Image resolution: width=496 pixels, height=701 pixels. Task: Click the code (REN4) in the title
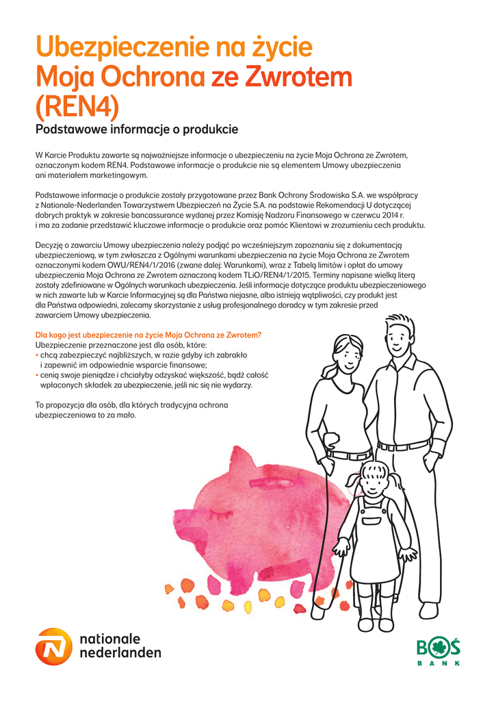coord(77,107)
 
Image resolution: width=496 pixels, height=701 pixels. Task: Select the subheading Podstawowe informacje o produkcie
coord(136,129)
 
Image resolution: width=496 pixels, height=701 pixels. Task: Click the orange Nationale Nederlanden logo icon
coord(53,646)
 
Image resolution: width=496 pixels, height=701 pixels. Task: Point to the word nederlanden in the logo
coord(121,652)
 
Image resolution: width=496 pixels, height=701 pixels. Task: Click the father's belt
coord(404,446)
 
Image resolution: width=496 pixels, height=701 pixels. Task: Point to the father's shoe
coord(429,609)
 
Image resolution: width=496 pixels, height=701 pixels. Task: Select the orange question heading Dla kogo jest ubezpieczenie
coord(148,335)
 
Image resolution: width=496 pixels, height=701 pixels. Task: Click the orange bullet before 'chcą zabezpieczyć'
coord(37,355)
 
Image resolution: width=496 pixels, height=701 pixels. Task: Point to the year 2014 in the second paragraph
coord(393,215)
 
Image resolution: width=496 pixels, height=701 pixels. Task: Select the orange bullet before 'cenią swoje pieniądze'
coord(37,375)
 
